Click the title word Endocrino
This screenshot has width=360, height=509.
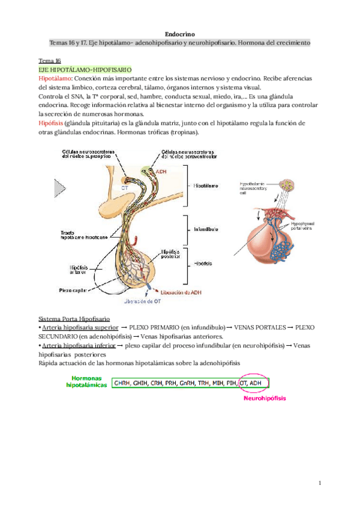179,35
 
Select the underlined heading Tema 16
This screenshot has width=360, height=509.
49,61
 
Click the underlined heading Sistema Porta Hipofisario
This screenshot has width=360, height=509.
77,318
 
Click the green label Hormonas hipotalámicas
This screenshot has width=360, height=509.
88,382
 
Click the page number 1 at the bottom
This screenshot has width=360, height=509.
320,484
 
